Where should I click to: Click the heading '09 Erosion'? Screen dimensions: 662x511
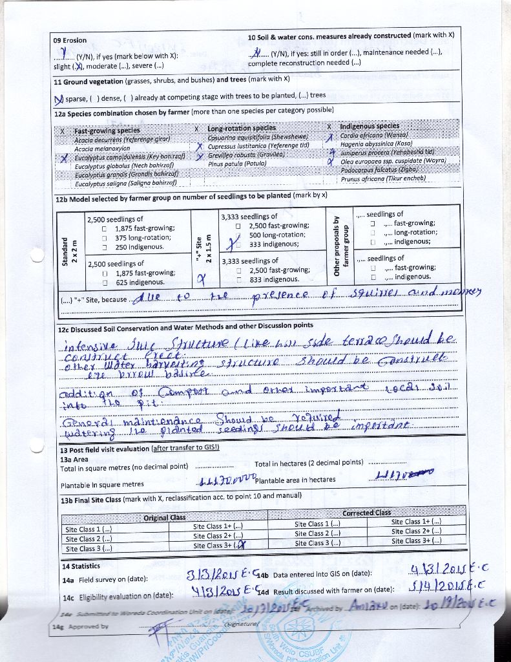coord(70,40)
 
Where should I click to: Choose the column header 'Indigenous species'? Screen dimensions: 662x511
coord(370,126)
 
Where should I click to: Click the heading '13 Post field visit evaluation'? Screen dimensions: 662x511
coord(105,449)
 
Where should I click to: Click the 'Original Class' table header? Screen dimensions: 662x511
coord(164,517)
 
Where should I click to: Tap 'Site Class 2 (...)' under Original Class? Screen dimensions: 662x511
coord(89,539)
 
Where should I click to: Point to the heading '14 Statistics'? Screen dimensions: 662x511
coord(81,566)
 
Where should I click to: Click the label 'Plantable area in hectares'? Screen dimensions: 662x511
coord(295,480)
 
